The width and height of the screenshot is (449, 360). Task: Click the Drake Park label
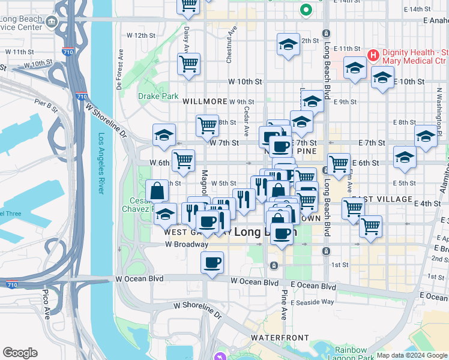(x=158, y=96)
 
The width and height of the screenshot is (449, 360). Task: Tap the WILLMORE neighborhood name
(x=205, y=102)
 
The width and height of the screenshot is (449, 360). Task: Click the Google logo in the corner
(x=20, y=353)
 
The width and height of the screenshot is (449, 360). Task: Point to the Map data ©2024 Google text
(x=412, y=355)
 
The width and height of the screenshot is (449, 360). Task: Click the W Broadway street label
(x=187, y=245)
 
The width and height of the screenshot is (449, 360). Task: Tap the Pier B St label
(x=46, y=106)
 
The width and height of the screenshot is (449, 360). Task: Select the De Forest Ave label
(x=120, y=75)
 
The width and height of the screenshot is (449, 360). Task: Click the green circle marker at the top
(x=306, y=10)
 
